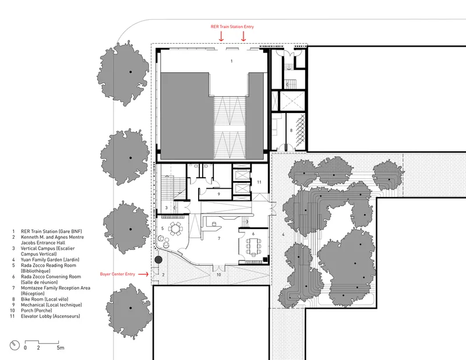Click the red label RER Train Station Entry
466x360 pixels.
232,27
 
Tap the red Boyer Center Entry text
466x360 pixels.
118,274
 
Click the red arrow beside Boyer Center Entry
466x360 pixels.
143,274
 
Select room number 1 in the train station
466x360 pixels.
231,61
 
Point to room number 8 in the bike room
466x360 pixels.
291,130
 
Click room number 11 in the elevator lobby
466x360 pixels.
259,182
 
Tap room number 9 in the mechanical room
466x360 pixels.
219,194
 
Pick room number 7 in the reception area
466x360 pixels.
219,238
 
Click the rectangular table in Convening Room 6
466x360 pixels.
253,246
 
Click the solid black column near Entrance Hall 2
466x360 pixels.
158,260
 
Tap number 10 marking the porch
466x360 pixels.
218,275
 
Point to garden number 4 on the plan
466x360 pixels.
283,235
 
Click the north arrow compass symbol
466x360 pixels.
15,345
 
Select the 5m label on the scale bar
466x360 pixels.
61,348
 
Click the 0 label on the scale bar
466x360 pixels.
25,348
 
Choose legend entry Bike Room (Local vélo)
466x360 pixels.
44,299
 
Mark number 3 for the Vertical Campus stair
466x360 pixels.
167,208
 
